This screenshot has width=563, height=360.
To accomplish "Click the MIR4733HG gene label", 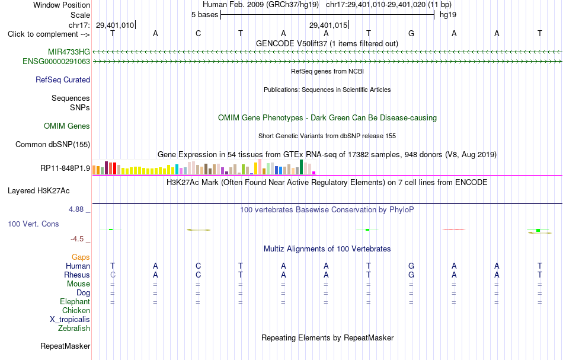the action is tap(69, 52).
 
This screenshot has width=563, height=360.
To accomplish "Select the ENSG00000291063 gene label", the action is tap(56, 62).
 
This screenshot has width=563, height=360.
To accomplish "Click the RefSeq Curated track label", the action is tap(63, 79).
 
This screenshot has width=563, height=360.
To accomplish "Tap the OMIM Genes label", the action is tap(67, 126).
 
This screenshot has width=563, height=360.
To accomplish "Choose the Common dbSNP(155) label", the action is tap(53, 145).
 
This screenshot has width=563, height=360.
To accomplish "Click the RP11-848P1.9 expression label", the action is tap(65, 168).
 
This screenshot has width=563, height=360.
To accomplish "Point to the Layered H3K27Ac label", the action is tap(39, 191).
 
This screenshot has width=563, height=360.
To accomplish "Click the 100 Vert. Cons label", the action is tap(33, 224).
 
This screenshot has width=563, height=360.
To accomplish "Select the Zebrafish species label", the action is tap(74, 329).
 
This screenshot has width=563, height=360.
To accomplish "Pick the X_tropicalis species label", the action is tap(70, 320).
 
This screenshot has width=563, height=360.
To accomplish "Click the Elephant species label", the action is tap(75, 302).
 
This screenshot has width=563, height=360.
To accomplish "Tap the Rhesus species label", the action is tap(77, 275).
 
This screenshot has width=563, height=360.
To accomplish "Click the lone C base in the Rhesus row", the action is tap(113, 275).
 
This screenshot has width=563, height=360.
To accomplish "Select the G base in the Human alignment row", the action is tap(411, 266).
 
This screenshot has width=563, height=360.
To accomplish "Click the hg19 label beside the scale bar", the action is tap(448, 15).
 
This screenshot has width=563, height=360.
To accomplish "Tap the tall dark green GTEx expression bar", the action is tap(301, 167).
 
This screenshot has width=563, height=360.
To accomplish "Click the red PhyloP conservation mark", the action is tap(454, 230).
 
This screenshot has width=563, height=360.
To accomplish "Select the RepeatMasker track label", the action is tap(65, 346).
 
